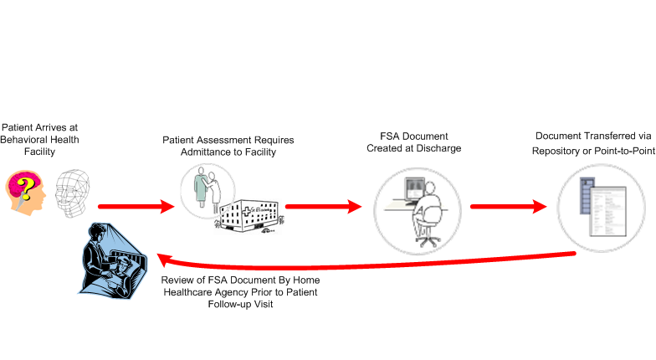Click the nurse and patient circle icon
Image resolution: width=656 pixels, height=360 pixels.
pos(204,187)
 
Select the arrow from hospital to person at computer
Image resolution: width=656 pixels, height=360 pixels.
pos(325,206)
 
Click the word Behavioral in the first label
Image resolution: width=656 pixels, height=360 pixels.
pos(28,140)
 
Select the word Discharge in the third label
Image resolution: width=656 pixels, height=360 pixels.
pos(438,148)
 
